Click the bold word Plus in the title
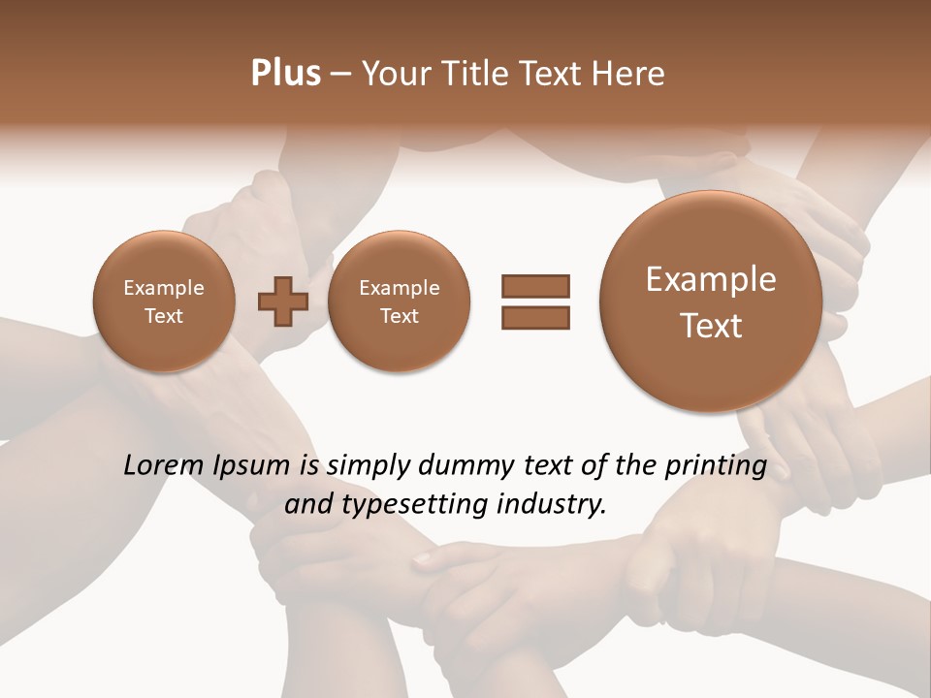pos(286,74)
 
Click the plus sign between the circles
pos(283,302)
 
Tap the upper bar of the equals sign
pos(535,286)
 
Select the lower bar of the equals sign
pos(535,318)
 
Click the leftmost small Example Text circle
pos(163,301)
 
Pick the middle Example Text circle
pos(399,301)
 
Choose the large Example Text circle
pos(711,301)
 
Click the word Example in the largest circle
pos(711,279)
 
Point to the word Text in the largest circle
pos(711,326)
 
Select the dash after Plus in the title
pos(340,75)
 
